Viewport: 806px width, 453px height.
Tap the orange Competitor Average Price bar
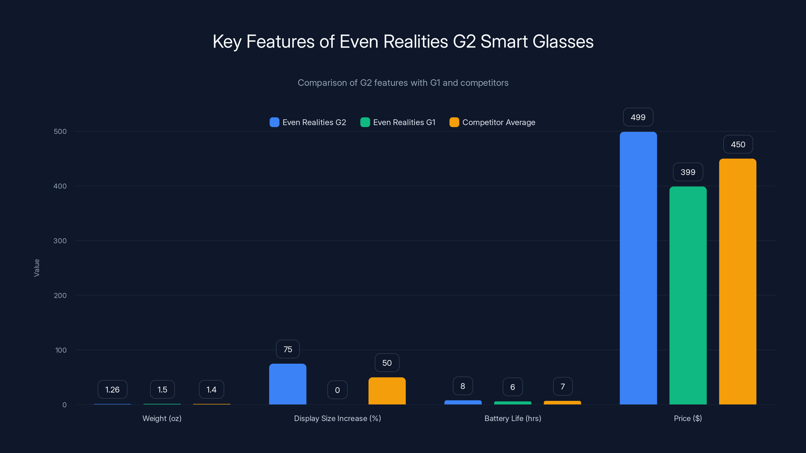tap(737, 281)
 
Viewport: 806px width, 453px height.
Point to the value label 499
tap(638, 117)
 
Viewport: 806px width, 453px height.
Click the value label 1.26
tap(112, 390)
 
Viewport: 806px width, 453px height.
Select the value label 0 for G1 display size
tap(337, 390)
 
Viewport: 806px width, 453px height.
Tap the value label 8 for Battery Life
tap(463, 386)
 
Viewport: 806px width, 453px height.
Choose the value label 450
tap(738, 144)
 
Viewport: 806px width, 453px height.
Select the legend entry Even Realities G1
tap(398, 122)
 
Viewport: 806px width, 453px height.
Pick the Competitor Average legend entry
tap(492, 122)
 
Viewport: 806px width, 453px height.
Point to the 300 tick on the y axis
tap(60, 241)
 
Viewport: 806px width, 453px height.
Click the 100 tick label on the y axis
tap(61, 350)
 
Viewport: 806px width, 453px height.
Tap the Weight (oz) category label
tap(162, 418)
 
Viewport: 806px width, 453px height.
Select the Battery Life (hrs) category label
tap(513, 418)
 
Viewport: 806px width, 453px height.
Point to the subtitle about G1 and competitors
tap(403, 83)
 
